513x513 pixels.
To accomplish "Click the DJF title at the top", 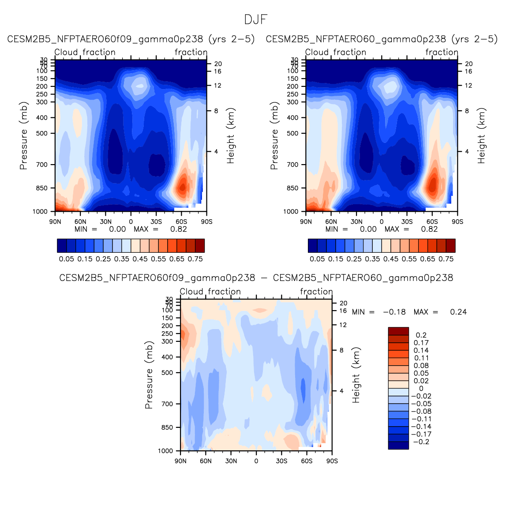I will (x=256, y=20).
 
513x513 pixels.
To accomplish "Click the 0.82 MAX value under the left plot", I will (x=179, y=229).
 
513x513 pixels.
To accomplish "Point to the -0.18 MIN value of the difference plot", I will (x=394, y=312).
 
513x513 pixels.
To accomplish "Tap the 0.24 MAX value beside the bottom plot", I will (x=458, y=312).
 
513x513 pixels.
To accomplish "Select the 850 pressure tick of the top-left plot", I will (x=42, y=188).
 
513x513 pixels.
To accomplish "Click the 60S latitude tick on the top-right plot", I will (x=432, y=221).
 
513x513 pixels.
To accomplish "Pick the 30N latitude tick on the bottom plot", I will (x=231, y=461).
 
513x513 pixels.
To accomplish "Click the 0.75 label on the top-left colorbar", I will (x=195, y=259).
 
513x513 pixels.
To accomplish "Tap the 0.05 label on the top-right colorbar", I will (x=317, y=259).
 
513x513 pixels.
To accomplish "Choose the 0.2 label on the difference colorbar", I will (x=421, y=335).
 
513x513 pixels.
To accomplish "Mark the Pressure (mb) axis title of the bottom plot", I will (x=149, y=375).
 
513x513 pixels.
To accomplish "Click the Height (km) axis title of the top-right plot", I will (x=481, y=136).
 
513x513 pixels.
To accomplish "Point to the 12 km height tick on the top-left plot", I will (x=218, y=86).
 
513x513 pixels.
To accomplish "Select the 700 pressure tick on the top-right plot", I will (x=293, y=165).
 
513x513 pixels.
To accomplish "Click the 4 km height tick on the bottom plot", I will (x=341, y=391).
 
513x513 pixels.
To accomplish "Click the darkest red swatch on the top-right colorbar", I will (x=450, y=246).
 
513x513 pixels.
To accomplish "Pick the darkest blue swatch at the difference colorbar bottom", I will (x=398, y=446).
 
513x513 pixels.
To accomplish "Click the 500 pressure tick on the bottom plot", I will (x=167, y=373).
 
